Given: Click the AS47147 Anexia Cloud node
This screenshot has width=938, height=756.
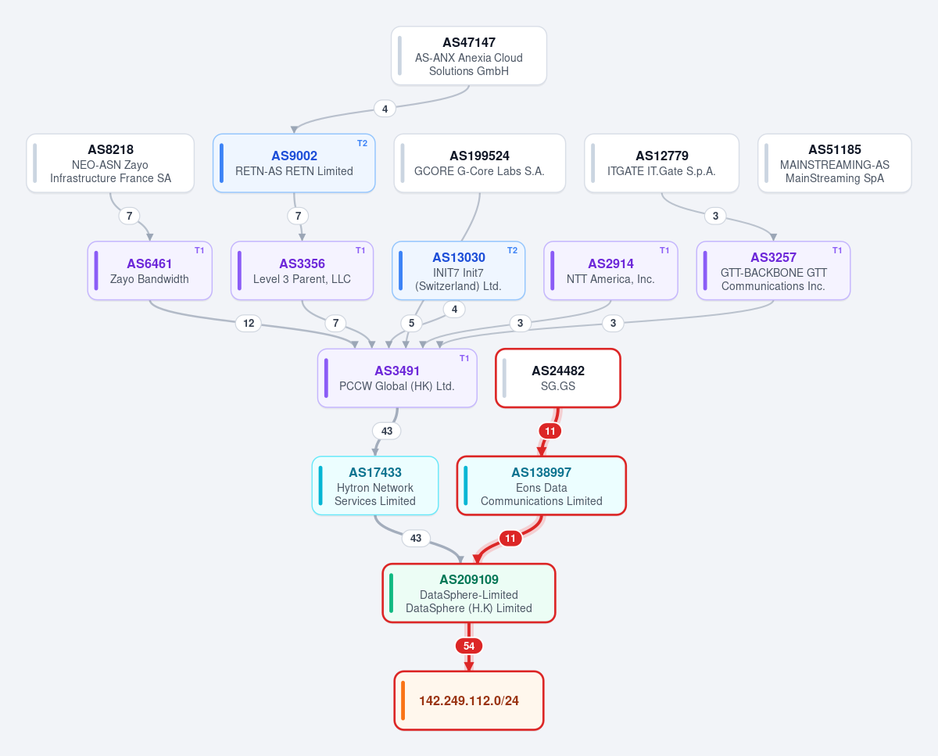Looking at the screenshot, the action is tap(468, 56).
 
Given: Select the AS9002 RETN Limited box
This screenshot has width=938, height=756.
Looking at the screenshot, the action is tap(294, 163).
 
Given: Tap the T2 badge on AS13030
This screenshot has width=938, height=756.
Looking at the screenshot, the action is tap(512, 250).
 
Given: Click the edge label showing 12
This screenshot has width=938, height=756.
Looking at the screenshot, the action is tap(249, 323).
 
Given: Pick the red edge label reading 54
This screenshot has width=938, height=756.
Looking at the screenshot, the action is tap(468, 646).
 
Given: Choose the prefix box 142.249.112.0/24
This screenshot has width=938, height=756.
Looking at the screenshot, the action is tap(468, 700).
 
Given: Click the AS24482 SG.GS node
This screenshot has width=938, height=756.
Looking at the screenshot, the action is tap(558, 378).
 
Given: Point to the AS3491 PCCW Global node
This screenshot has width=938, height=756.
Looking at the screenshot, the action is tap(397, 378).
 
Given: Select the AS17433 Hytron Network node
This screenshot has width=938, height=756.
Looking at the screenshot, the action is tap(375, 485).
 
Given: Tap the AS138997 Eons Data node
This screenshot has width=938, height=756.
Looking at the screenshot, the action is tap(542, 485).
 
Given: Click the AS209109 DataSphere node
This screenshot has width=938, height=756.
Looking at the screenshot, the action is tap(468, 593).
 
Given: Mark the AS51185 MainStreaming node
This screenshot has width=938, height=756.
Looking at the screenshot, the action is tap(835, 163).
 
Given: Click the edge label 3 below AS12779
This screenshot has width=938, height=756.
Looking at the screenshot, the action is tap(715, 216).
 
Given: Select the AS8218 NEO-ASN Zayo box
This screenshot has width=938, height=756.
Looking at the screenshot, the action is tap(110, 163).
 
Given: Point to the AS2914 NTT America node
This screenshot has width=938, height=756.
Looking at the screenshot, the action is tap(610, 271).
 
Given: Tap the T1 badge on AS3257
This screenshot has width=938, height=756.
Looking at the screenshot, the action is tap(837, 250).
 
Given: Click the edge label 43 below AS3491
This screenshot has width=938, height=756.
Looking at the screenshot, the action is tap(387, 431).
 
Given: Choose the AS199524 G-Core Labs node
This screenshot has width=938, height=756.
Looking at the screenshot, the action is tap(479, 163).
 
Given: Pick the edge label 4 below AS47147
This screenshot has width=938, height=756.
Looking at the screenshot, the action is tap(385, 109).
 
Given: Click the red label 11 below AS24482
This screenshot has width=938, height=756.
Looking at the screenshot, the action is tap(550, 431).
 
